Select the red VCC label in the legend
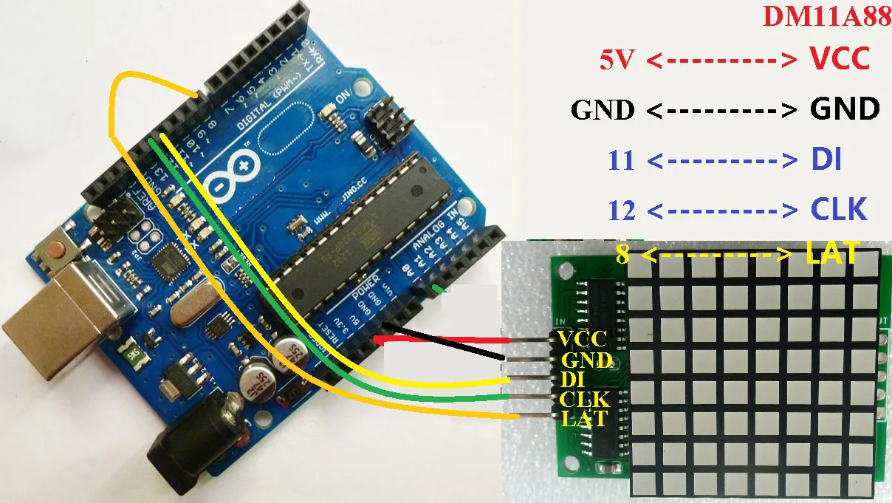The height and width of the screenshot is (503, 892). click(x=840, y=58)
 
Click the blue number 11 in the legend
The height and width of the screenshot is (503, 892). click(x=622, y=160)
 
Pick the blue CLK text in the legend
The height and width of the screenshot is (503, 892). click(x=837, y=211)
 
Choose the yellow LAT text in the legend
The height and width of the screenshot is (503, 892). click(x=832, y=255)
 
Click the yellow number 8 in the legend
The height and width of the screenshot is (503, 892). click(x=623, y=256)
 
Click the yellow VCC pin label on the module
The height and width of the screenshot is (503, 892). click(x=583, y=339)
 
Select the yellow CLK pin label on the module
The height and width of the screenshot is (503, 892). click(x=584, y=400)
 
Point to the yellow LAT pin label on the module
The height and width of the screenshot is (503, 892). click(x=584, y=419)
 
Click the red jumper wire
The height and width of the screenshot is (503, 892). click(x=443, y=341)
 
